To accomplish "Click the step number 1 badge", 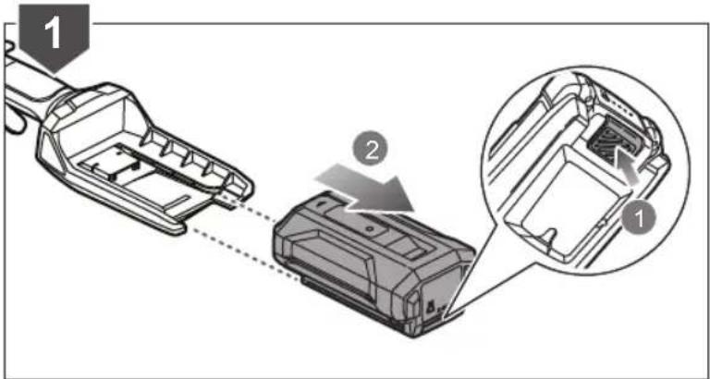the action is [x=54, y=35].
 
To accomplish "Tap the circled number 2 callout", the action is [x=370, y=151].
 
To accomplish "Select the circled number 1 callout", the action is [x=639, y=220].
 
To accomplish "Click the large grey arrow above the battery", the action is [x=364, y=189].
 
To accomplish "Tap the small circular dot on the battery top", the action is [x=370, y=230].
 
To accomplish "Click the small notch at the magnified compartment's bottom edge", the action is [x=550, y=237].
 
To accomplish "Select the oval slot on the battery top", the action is [x=323, y=204].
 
